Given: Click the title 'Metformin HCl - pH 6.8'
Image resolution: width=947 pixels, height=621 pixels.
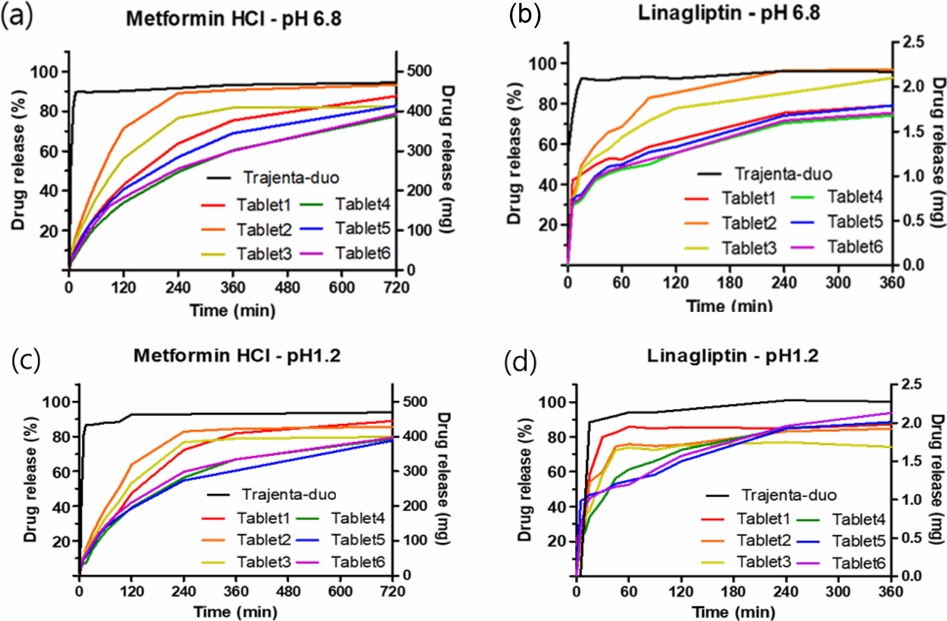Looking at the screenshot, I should [x=234, y=19].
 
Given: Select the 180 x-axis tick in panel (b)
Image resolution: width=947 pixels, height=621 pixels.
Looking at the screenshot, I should [x=730, y=283].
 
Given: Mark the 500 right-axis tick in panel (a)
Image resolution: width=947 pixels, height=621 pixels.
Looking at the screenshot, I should [x=418, y=72].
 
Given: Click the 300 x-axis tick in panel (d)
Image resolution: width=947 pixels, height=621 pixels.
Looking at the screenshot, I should [x=838, y=591].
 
